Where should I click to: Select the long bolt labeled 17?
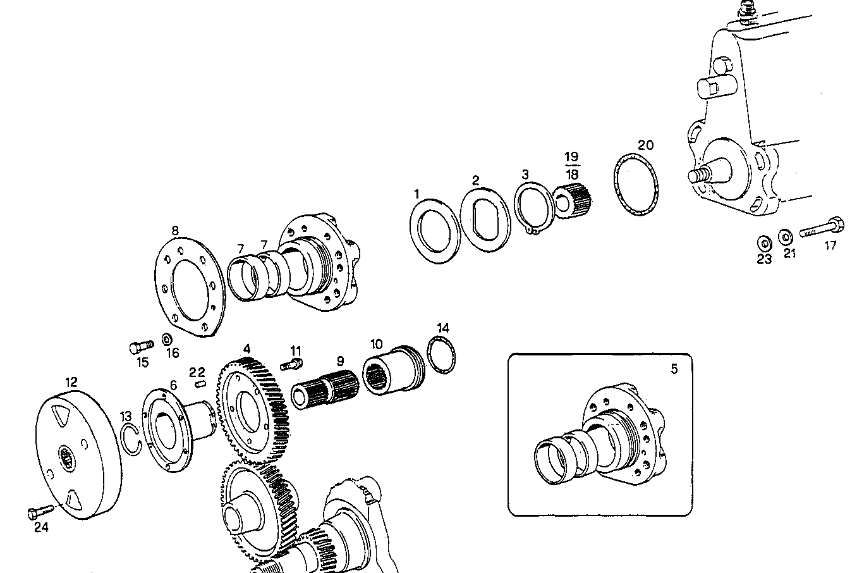(x=821, y=228)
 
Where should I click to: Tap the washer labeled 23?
(x=763, y=243)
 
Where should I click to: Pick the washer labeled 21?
(x=786, y=237)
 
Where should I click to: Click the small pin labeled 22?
(x=201, y=382)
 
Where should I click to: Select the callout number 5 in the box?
(x=674, y=369)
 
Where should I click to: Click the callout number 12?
(x=71, y=382)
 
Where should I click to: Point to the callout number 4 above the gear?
(x=246, y=349)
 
